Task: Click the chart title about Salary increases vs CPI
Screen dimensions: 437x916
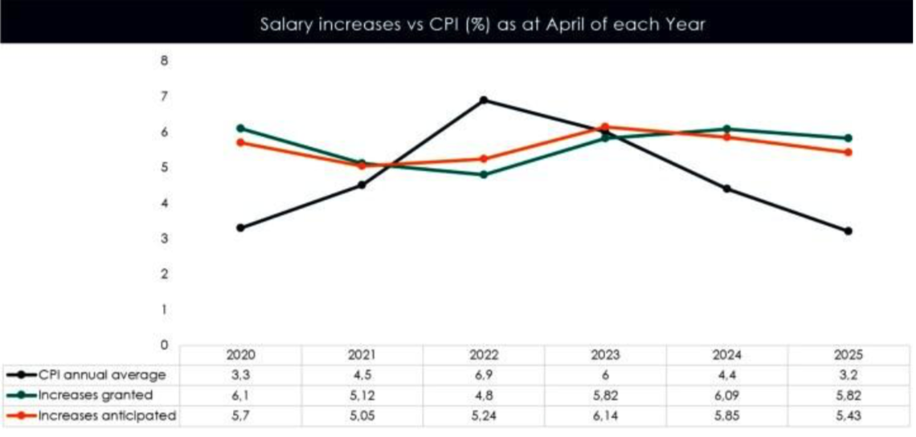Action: (x=482, y=24)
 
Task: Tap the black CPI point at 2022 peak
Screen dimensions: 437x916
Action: (x=483, y=100)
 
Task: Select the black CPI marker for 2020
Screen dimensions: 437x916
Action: (x=240, y=227)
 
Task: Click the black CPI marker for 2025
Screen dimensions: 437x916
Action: (x=848, y=231)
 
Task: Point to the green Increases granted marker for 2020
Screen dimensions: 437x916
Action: (x=240, y=128)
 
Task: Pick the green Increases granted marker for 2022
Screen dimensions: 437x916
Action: (x=483, y=174)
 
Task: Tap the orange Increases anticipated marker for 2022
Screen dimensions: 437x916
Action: (x=483, y=159)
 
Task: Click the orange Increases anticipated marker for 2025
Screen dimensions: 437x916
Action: (x=848, y=152)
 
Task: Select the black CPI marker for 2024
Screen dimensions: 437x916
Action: (x=726, y=189)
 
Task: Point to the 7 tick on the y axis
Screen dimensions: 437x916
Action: (x=165, y=96)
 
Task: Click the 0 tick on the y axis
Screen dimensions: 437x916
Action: (x=165, y=345)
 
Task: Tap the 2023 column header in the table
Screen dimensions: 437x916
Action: (x=605, y=354)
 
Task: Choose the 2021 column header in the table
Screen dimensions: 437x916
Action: (x=362, y=354)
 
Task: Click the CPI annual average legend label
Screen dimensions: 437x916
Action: (x=102, y=374)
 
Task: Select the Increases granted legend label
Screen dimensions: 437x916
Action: (x=96, y=394)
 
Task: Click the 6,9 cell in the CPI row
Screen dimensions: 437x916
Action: (x=484, y=374)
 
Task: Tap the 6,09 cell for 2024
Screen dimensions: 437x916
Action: (x=726, y=394)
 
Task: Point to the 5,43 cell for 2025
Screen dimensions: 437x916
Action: (x=848, y=415)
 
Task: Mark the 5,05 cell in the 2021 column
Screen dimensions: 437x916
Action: (x=362, y=415)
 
